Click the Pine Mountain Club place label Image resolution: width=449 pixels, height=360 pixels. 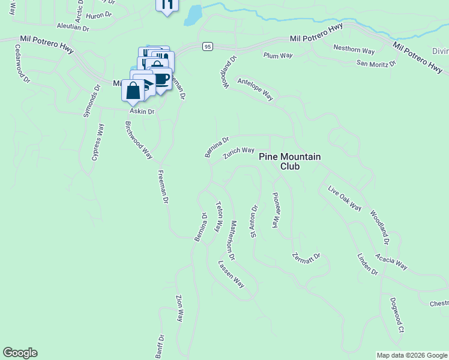pos(290,161)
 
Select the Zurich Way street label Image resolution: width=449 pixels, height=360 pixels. pos(238,154)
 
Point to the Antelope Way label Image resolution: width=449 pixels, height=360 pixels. pos(255,89)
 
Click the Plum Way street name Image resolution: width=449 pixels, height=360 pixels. pos(278,55)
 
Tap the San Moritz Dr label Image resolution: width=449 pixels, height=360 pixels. pos(376,63)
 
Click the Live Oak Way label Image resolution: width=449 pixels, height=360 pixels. pos(345,199)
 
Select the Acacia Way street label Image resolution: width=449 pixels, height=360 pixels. pos(391,262)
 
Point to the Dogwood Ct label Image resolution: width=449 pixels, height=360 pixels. pos(397,314)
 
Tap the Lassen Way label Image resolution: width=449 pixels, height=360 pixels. pos(231,274)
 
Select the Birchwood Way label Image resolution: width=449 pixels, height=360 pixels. pos(139,140)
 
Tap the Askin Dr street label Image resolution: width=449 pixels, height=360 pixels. pos(142,112)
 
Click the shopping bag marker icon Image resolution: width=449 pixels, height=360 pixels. pos(133,91)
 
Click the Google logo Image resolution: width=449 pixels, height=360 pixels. pos(20,353)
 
